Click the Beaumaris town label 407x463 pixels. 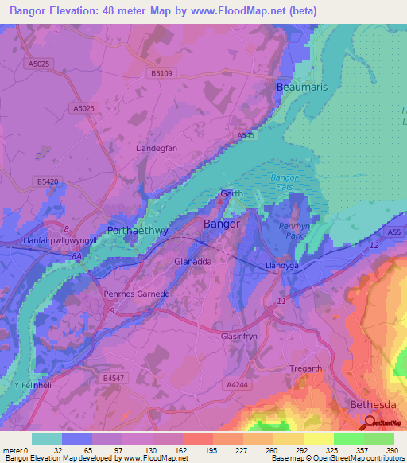click(300, 85)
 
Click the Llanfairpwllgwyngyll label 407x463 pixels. click(48, 239)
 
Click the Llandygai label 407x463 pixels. click(282, 267)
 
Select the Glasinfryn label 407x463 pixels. click(242, 337)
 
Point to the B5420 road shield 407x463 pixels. click(48, 182)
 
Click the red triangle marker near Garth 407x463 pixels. click(223, 193)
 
